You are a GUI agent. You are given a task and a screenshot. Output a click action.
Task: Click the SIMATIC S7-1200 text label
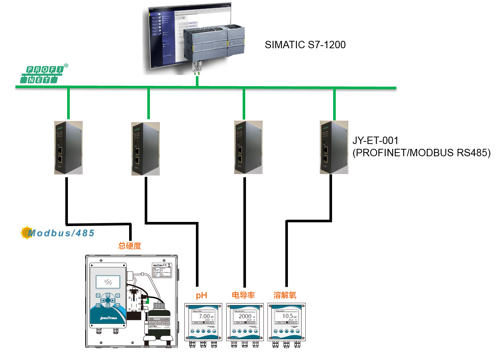click(305, 45)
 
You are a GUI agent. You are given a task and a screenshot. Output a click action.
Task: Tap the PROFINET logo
click(43, 74)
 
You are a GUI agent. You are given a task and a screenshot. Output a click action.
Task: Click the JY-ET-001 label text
click(375, 141)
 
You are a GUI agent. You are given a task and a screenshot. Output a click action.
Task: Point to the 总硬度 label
click(129, 246)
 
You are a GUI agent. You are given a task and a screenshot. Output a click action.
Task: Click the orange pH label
click(201, 295)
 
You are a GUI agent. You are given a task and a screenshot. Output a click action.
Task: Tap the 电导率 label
click(243, 295)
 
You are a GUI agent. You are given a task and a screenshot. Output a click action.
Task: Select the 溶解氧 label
click(285, 295)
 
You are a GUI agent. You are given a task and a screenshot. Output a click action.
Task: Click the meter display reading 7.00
click(203, 317)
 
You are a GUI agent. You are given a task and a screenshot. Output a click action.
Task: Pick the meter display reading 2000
click(245, 317)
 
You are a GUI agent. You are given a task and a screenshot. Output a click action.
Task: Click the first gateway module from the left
click(68, 148)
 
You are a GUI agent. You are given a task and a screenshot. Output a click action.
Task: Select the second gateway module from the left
click(145, 148)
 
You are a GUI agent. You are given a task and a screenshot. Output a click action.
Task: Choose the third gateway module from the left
click(248, 147)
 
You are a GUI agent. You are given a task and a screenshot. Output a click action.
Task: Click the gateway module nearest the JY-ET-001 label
click(334, 147)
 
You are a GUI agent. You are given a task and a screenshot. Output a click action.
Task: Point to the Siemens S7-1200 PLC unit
click(214, 43)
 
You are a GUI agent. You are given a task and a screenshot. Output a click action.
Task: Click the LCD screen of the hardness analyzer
click(108, 282)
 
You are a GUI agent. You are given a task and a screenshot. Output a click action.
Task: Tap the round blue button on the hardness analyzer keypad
click(108, 300)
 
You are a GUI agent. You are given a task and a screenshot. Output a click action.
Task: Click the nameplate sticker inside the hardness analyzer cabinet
click(162, 270)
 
